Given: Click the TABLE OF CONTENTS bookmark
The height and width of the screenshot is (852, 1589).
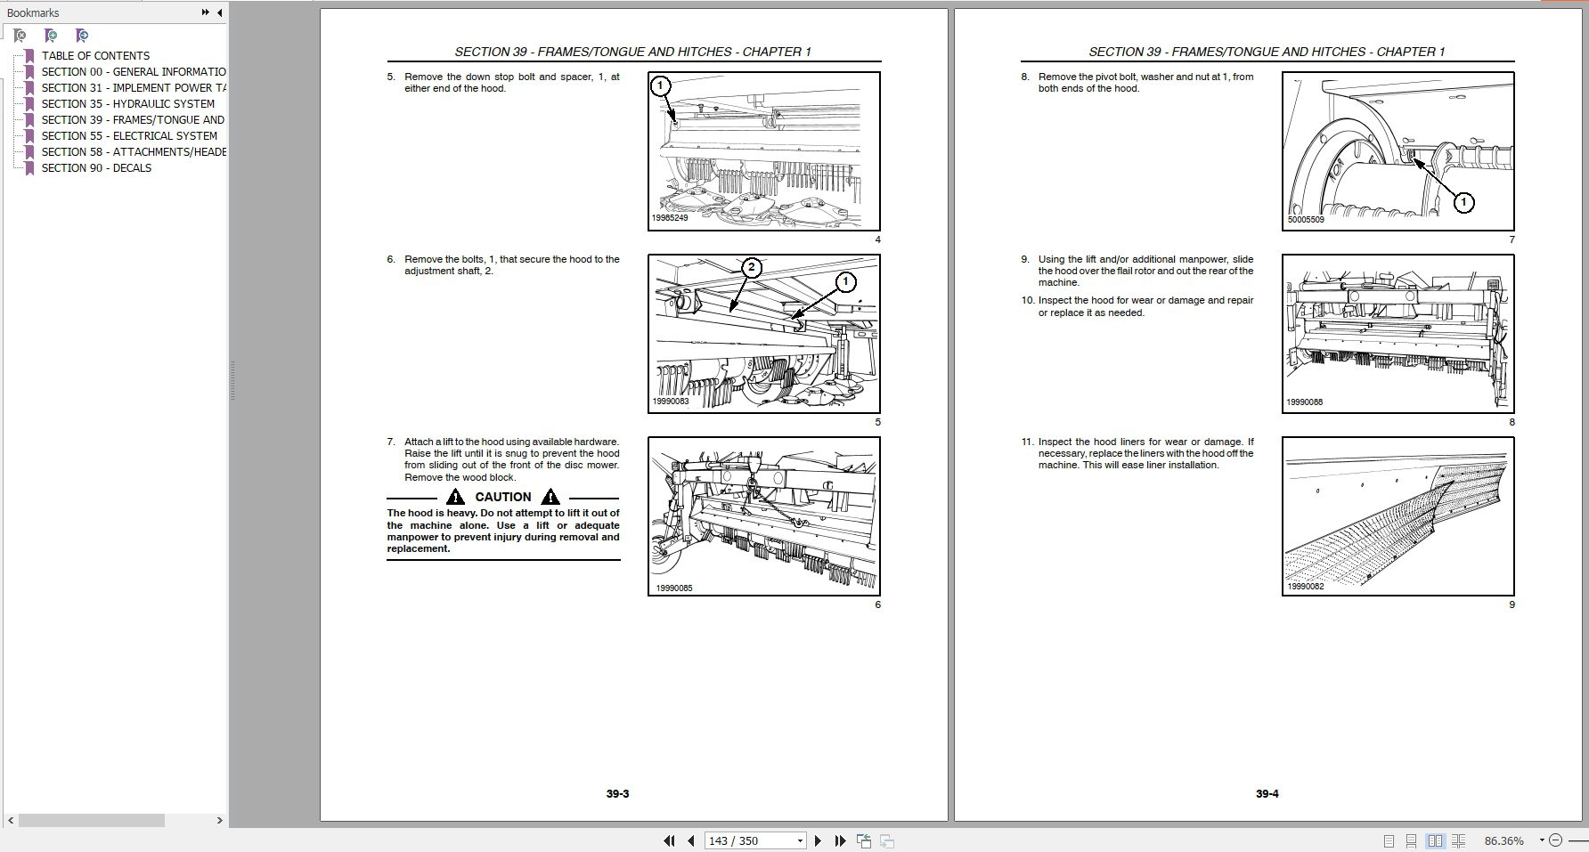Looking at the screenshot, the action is coord(95,55).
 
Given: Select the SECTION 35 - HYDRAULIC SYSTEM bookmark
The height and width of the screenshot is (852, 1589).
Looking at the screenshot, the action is coord(127,103).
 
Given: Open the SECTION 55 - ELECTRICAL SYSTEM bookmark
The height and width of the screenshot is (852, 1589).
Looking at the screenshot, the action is coord(129,135).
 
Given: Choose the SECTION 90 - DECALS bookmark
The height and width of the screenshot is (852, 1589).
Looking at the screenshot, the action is coord(96,167).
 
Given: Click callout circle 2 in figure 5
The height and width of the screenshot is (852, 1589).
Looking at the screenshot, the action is coord(752,268).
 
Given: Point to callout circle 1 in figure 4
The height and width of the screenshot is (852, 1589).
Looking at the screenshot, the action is coord(659,86).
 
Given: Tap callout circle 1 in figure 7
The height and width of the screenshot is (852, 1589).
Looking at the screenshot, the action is coord(1463,203).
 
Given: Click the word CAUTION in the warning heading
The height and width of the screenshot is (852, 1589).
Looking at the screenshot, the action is coord(503,497).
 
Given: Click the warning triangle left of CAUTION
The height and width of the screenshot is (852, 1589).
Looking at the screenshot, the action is coord(456,497).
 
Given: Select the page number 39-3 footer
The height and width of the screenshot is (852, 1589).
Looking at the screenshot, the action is coord(617,793).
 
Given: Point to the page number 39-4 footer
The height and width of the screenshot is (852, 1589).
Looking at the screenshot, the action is coord(1267,793).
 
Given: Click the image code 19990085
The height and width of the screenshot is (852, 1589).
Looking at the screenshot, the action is coord(673,588).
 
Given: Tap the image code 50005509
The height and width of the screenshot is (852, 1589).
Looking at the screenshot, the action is coord(1306,219).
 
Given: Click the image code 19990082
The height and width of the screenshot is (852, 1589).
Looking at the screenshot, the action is coord(1305,587).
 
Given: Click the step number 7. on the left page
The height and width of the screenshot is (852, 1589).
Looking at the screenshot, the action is coord(391,442).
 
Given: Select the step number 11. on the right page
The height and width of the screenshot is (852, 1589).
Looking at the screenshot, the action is coord(1028,442).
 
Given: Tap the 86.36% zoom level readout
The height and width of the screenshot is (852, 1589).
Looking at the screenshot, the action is coord(1503,840).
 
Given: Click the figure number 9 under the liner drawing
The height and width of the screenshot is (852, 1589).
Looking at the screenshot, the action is coord(1512,605).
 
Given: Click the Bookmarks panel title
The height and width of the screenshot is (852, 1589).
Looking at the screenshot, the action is coord(33,12).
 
